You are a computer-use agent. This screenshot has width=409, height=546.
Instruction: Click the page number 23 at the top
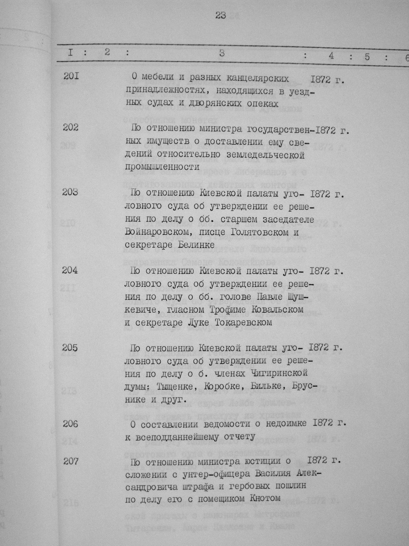click(x=220, y=15)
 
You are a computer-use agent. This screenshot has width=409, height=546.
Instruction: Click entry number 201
click(x=71, y=75)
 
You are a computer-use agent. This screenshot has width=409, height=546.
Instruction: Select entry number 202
click(x=71, y=128)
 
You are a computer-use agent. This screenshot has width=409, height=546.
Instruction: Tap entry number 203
click(x=71, y=192)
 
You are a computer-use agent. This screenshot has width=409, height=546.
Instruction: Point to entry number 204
click(x=71, y=270)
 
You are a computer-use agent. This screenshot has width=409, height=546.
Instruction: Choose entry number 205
click(x=71, y=348)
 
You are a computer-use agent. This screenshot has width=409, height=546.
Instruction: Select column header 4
click(x=331, y=56)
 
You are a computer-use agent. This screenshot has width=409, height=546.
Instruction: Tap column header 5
click(x=367, y=57)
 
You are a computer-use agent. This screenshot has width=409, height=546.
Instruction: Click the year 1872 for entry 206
click(x=324, y=424)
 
